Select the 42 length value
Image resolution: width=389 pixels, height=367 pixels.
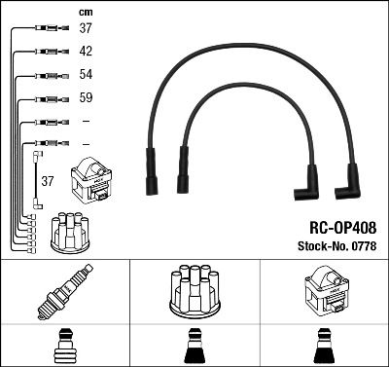tap(86, 52)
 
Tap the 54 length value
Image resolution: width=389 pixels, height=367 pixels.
tap(86, 75)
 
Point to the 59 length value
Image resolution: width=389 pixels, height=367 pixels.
tap(86, 98)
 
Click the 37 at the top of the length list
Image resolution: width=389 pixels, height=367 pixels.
tap(86, 28)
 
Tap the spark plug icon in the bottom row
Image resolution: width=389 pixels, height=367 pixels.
tap(63, 292)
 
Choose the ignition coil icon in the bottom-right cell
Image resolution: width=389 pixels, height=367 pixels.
tap(323, 291)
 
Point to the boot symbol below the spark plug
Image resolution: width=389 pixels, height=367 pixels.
tap(64, 345)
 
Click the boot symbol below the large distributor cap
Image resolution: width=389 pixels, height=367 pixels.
tap(194, 345)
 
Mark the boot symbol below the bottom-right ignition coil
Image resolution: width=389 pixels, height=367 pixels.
tap(323, 345)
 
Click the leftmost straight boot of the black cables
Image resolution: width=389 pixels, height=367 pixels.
tap(152, 169)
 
